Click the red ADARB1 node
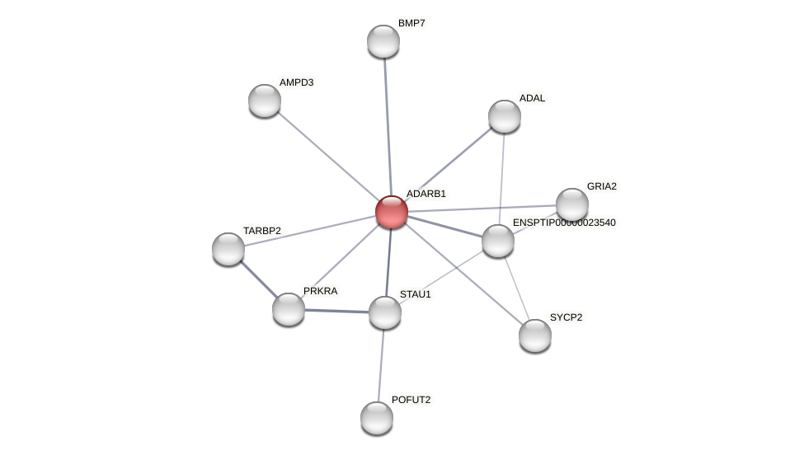[392, 212]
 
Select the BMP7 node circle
[383, 41]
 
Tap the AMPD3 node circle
[265, 101]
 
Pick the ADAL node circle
[505, 116]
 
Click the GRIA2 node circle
[572, 204]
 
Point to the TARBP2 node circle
[228, 249]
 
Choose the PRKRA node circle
[289, 309]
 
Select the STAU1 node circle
[385, 312]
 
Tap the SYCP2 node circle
[535, 335]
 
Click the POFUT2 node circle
[377, 418]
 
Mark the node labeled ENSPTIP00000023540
[498, 241]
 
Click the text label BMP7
[411, 23]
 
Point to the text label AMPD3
[296, 82]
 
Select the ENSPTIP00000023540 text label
[564, 223]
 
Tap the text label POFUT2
[411, 400]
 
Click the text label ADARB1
[426, 194]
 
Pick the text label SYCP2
[566, 317]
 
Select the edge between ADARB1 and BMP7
[388, 124]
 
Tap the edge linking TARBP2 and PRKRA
[258, 279]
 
